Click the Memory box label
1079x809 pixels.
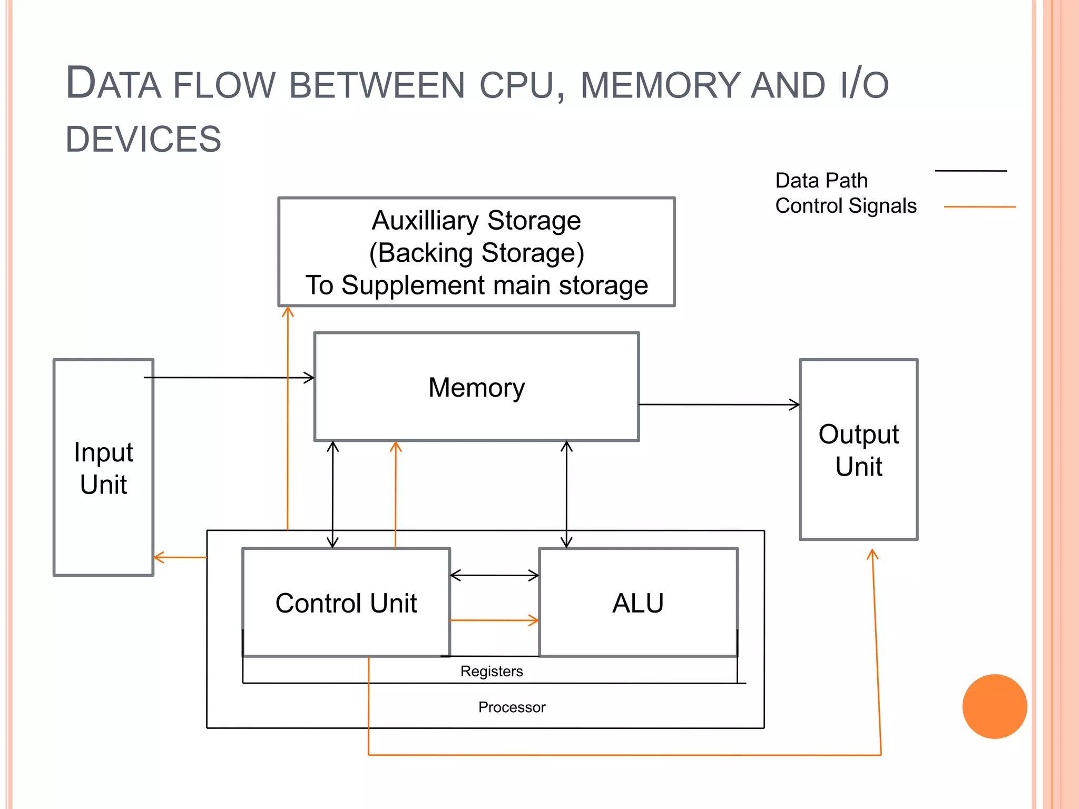(x=476, y=388)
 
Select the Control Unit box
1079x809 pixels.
(x=346, y=603)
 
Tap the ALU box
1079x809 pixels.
(x=638, y=603)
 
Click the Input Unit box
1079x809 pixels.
(x=103, y=468)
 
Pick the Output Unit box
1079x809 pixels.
(x=858, y=450)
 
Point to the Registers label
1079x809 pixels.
(x=492, y=671)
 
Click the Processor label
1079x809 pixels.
(x=512, y=707)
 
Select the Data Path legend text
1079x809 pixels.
(x=821, y=181)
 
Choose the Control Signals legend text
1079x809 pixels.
(x=846, y=206)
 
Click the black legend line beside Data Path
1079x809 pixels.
(x=970, y=171)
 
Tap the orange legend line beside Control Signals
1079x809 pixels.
(x=979, y=207)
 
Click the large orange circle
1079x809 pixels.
(x=994, y=706)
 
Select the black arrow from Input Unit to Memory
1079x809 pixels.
(x=229, y=378)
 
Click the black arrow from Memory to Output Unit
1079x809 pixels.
(x=719, y=404)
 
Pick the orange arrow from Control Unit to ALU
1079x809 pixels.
(x=494, y=620)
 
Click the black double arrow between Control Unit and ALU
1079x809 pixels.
(x=494, y=575)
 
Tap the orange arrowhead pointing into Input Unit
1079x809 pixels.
(x=158, y=557)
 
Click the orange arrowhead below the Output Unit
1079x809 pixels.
(x=872, y=554)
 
